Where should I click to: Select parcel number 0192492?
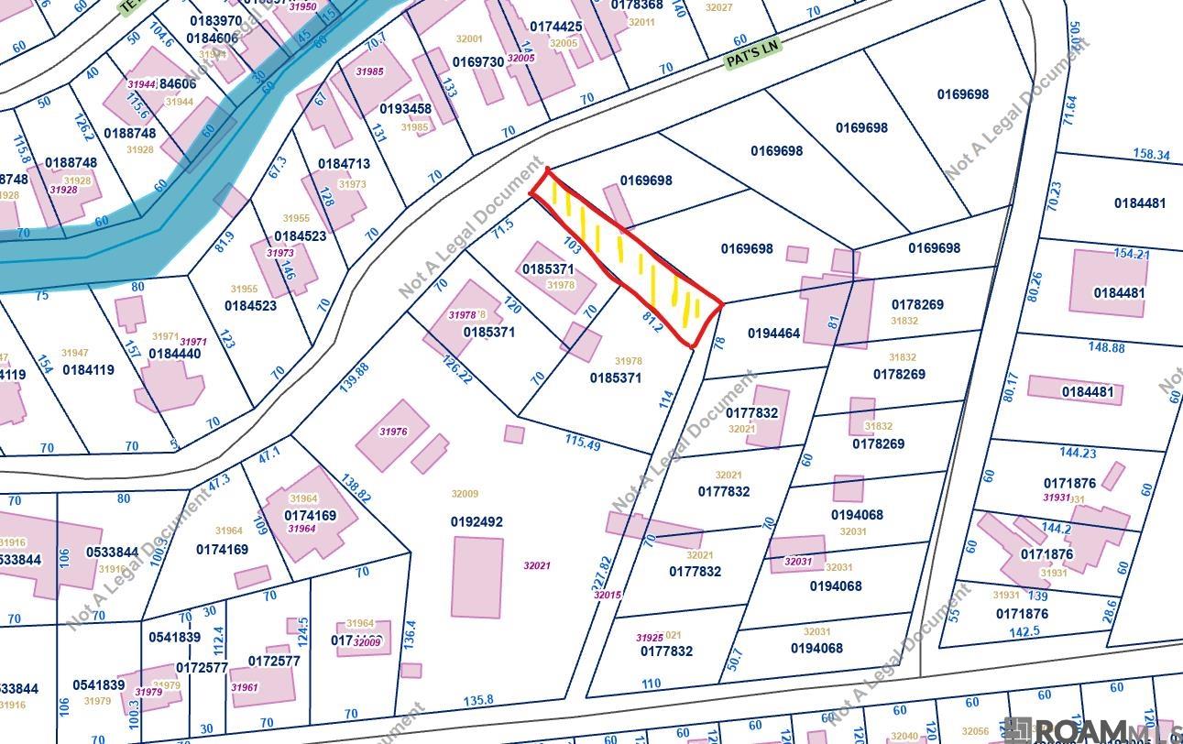point(476,522)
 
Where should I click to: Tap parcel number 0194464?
point(773,334)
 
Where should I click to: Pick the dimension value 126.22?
point(457,369)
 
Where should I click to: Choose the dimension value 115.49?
point(583,443)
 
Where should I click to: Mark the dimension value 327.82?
point(603,574)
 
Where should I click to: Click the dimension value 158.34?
point(1151,155)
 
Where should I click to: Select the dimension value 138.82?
point(356,493)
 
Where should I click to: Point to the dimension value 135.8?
point(478,700)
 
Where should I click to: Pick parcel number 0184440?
point(175,354)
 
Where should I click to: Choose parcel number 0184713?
point(344,164)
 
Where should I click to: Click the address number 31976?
point(393,432)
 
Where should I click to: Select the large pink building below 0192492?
point(477,577)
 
